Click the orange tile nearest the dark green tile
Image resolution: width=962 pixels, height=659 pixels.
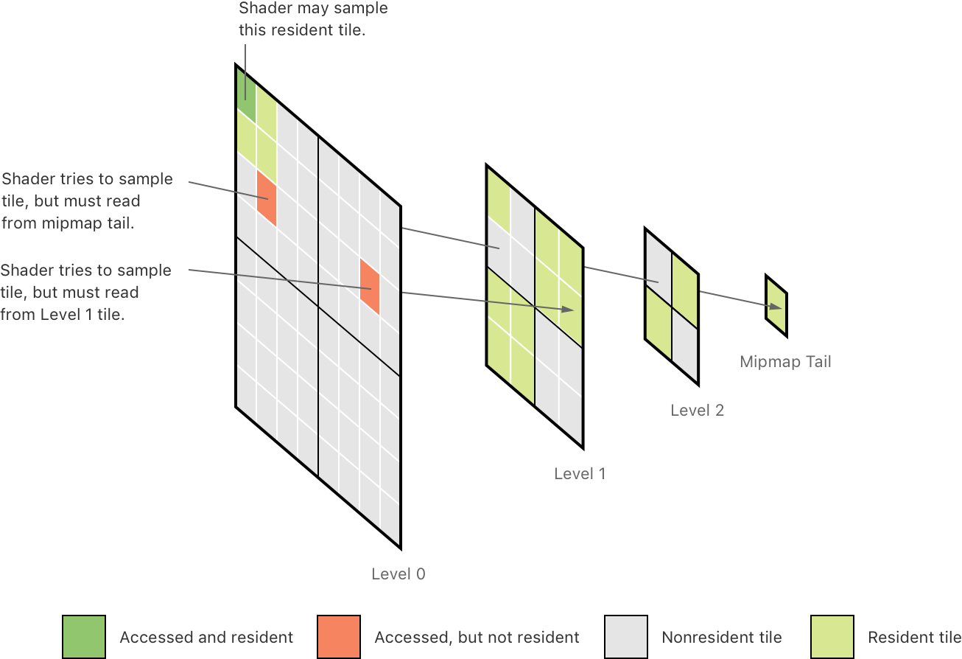point(266,198)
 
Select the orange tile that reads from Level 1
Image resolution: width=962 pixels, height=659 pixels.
point(370,287)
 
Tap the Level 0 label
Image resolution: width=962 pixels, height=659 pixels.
point(398,573)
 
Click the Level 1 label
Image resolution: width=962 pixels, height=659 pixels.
point(579,473)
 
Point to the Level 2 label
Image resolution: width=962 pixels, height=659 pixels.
point(697,410)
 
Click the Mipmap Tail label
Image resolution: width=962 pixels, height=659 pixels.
point(785,361)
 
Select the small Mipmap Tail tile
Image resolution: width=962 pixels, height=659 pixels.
point(776,305)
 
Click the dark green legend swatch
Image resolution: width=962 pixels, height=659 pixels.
point(84,637)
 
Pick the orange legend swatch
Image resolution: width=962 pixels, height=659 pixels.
point(339,637)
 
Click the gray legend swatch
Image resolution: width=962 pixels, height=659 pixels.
point(625,637)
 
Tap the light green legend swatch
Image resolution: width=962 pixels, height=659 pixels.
point(832,637)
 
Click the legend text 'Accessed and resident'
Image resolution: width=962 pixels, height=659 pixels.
point(206,637)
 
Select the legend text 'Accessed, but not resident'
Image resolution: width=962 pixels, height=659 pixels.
point(477,637)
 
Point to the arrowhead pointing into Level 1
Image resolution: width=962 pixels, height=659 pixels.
point(568,310)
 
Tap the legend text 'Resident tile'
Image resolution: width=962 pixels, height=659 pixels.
point(913,637)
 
